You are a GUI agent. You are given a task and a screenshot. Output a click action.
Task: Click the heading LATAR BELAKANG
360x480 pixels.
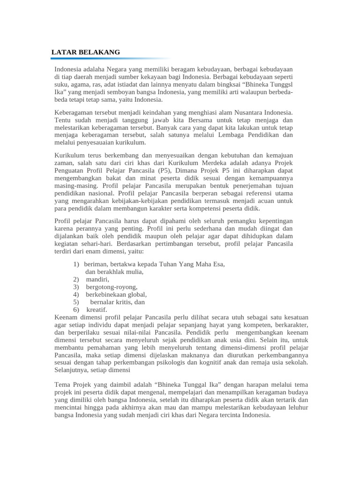85,52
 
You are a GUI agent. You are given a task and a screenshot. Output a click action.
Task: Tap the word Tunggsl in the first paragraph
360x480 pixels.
281,84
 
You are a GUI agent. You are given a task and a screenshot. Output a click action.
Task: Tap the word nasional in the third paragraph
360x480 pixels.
102,193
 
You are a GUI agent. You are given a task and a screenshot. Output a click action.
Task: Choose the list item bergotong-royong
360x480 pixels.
112,287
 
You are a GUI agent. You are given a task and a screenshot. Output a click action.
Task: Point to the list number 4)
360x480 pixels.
76,294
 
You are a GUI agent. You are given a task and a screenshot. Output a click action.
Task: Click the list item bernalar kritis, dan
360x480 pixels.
117,302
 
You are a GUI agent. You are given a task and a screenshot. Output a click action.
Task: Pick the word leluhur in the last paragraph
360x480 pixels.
295,407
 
